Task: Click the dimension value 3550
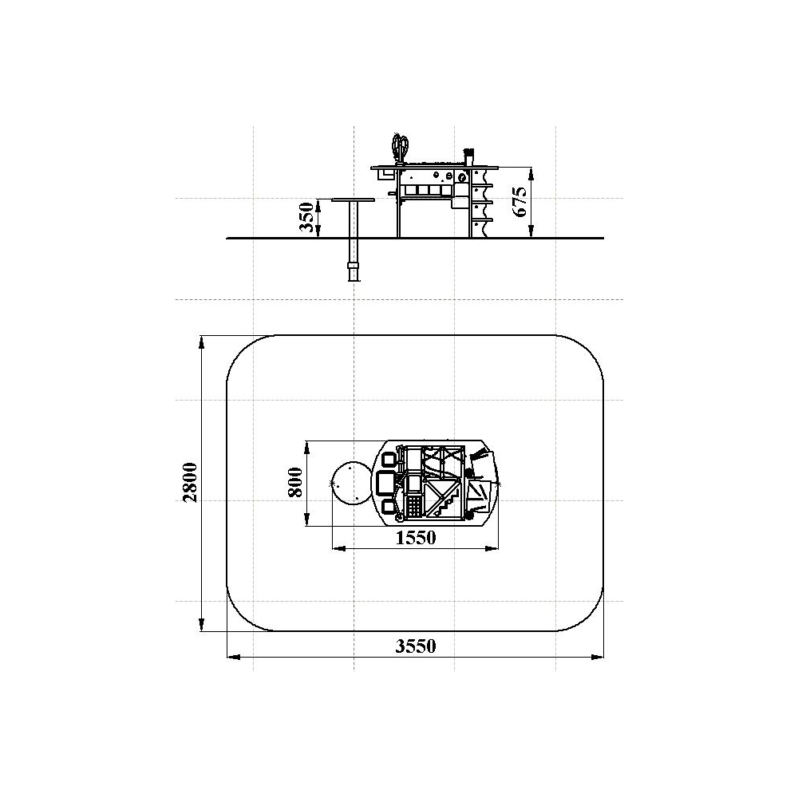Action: pyautogui.click(x=416, y=646)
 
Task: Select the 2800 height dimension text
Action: pyautogui.click(x=191, y=483)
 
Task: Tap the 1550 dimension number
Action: pyautogui.click(x=416, y=537)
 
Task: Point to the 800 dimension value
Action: pyautogui.click(x=296, y=482)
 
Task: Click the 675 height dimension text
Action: pyautogui.click(x=520, y=202)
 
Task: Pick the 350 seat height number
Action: pyautogui.click(x=306, y=217)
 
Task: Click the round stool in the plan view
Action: pyautogui.click(x=352, y=484)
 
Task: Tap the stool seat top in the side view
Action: pyautogui.click(x=354, y=200)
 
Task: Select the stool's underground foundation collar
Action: pyautogui.click(x=354, y=267)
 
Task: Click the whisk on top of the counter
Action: pyautogui.click(x=400, y=148)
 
